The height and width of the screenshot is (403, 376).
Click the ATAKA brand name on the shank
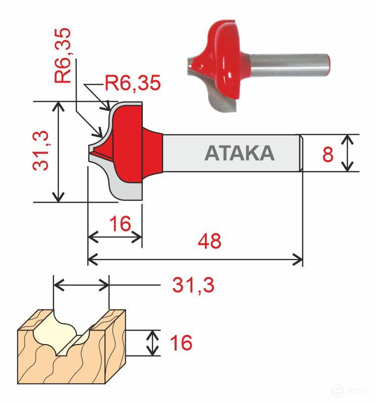pyautogui.click(x=239, y=153)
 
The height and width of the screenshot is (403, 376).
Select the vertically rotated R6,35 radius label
pyautogui.click(x=63, y=55)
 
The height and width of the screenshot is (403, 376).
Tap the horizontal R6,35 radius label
pyautogui.click(x=133, y=83)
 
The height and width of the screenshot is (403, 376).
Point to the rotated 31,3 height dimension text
pyautogui.click(x=41, y=150)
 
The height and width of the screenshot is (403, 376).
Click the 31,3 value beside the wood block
pyautogui.click(x=193, y=286)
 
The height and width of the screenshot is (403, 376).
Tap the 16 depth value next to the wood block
pyautogui.click(x=181, y=343)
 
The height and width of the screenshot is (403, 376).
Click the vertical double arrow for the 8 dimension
pyautogui.click(x=347, y=153)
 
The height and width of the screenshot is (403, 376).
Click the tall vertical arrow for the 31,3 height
pyautogui.click(x=60, y=152)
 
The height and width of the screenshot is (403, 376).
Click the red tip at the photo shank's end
pyautogui.click(x=330, y=63)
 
